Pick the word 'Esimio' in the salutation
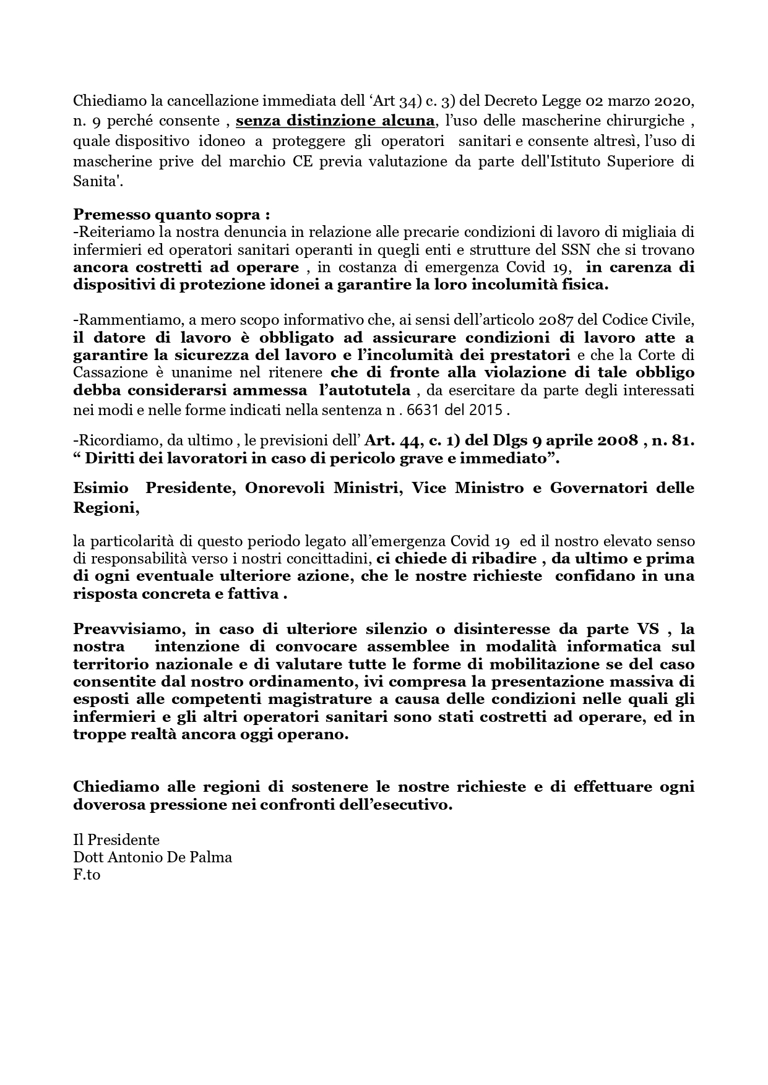pyautogui.click(x=101, y=488)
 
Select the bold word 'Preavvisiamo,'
pyautogui.click(x=126, y=629)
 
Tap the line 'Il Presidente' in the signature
pyautogui.click(x=116, y=840)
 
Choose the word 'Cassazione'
pyautogui.click(x=111, y=372)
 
